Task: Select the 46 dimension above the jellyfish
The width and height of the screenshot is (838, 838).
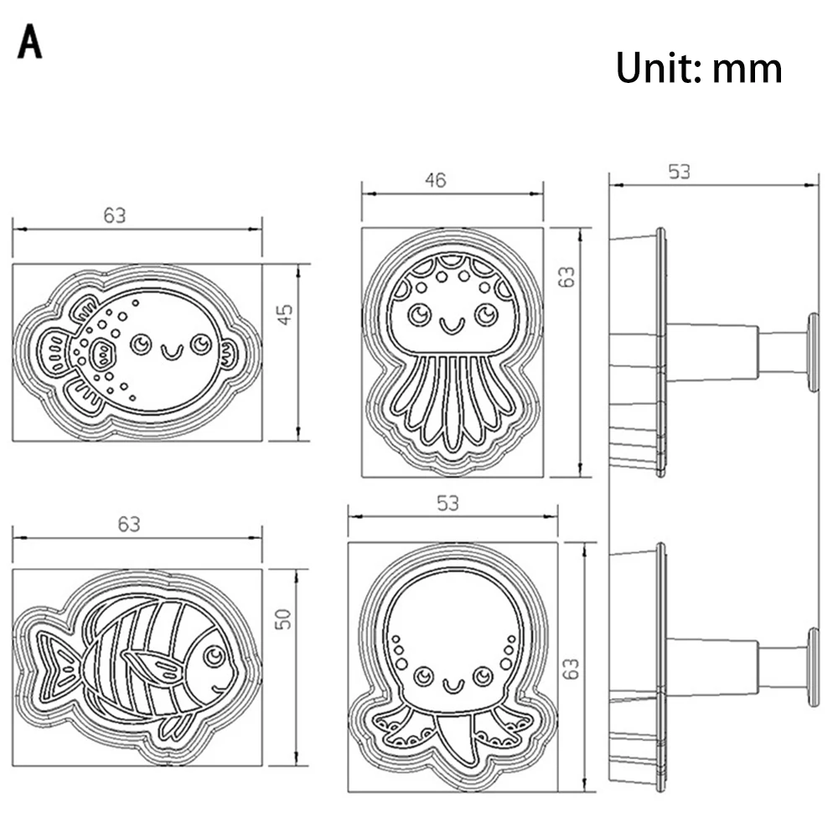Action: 436,179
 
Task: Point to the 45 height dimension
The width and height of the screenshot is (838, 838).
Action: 285,315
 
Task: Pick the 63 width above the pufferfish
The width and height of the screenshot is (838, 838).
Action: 115,215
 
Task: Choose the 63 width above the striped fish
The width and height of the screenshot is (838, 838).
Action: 128,525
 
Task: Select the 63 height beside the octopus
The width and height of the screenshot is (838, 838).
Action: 572,668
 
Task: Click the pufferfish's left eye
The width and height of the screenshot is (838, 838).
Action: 142,342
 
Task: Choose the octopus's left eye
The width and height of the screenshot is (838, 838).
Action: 423,674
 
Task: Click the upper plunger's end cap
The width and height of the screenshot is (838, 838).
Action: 812,352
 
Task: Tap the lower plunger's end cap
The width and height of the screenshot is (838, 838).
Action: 812,669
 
